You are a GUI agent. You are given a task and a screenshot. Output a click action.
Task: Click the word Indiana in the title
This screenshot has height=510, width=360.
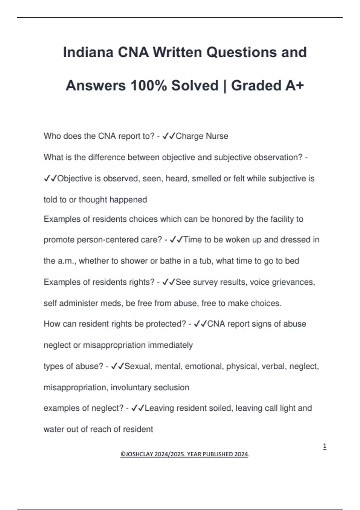(x=88, y=52)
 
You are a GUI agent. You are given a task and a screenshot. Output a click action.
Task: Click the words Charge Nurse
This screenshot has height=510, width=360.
(x=202, y=136)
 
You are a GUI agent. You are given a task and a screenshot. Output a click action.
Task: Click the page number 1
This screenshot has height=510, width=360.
(x=325, y=446)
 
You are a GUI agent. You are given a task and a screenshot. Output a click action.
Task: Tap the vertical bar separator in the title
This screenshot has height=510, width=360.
(x=225, y=85)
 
